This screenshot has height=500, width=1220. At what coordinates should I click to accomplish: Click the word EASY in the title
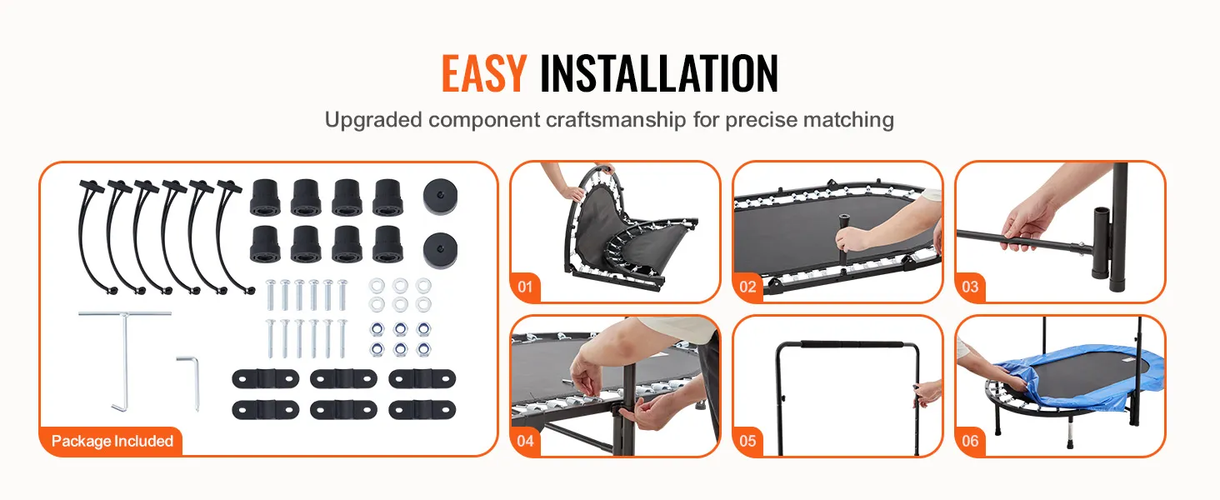point(483,73)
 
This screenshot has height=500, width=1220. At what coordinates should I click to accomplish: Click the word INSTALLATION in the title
point(659,73)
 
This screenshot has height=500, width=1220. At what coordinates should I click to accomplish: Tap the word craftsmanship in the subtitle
point(616,120)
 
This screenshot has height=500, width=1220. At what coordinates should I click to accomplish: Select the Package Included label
point(112,441)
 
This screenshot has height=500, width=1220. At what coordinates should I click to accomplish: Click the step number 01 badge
point(525,287)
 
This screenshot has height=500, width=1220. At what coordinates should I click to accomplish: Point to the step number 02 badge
point(747,287)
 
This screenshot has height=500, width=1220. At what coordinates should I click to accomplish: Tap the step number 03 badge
point(970,287)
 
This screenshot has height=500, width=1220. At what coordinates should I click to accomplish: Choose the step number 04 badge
point(525,441)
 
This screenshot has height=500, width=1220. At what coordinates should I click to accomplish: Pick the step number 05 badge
point(747,441)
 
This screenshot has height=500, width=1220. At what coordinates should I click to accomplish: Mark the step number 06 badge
point(970,441)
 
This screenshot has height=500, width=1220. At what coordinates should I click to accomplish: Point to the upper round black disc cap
point(440,196)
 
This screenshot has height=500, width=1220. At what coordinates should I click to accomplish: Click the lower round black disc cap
point(440,251)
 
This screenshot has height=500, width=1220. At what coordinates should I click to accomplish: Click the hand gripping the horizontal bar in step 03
point(1027,224)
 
